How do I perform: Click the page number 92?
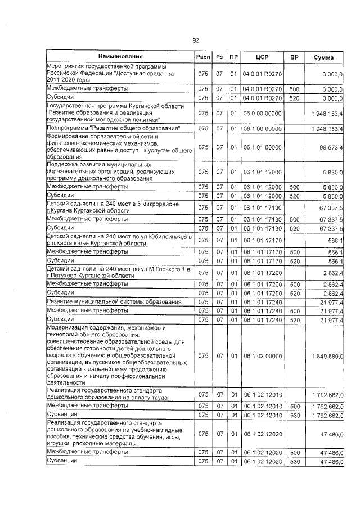(x=196, y=40)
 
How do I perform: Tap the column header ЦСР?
(x=262, y=57)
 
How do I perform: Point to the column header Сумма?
(x=324, y=57)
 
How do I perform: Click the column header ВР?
(x=294, y=57)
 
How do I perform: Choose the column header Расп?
(x=203, y=57)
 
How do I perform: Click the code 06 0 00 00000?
(x=262, y=113)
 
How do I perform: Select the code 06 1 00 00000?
(x=262, y=129)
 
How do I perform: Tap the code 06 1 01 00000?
(x=262, y=148)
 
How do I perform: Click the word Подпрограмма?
(x=69, y=129)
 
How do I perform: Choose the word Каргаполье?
(x=73, y=244)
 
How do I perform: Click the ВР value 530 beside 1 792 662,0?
(x=294, y=415)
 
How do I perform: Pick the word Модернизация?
(x=67, y=327)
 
